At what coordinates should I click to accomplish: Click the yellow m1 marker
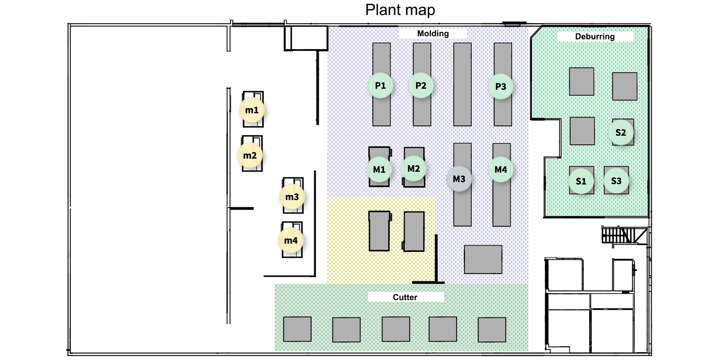(252, 110)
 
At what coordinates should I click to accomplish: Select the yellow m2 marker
(250, 156)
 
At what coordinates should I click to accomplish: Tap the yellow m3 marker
(292, 197)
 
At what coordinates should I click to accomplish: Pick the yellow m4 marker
(291, 240)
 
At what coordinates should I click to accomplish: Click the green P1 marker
(380, 86)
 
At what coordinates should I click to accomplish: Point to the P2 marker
(420, 86)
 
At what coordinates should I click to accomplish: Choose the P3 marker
(500, 86)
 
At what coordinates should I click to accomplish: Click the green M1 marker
(379, 170)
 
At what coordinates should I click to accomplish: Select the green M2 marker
(414, 168)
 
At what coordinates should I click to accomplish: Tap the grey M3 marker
(459, 179)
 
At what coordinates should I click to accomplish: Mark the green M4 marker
(500, 170)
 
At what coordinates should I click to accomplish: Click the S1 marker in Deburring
(581, 181)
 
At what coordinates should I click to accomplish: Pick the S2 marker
(621, 132)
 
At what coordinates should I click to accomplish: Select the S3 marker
(616, 181)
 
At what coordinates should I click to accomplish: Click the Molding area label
(433, 33)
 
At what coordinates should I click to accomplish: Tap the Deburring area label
(595, 36)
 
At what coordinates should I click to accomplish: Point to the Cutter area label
(405, 297)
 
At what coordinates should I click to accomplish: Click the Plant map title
(400, 10)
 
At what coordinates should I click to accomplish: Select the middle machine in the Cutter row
(396, 329)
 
